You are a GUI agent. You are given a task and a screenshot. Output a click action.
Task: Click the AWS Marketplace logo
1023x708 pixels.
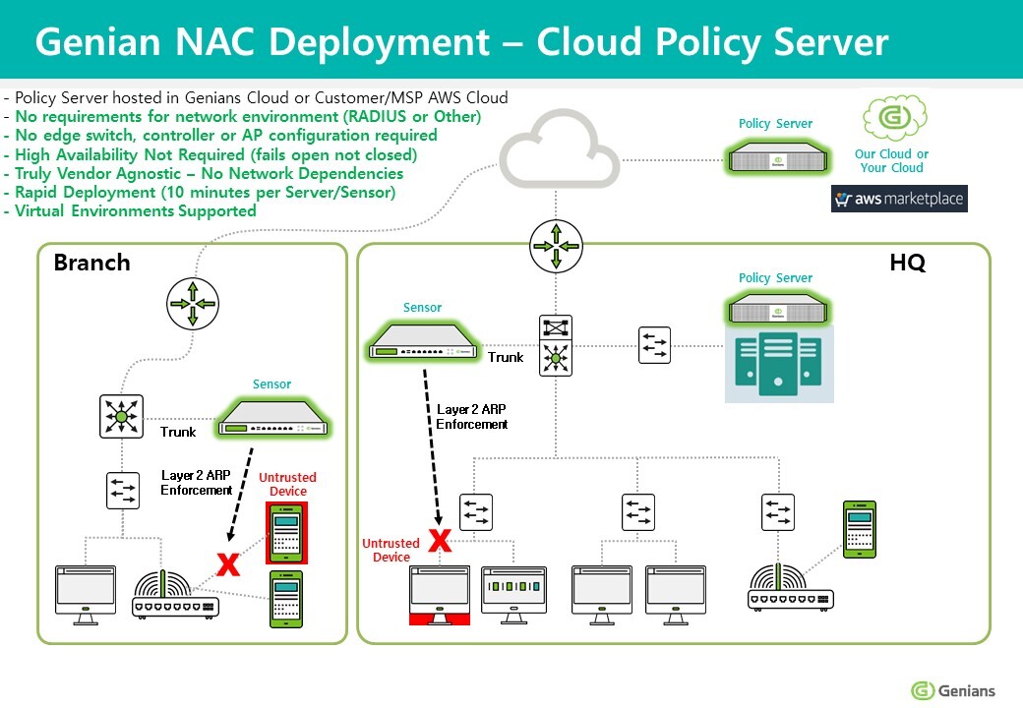point(899,199)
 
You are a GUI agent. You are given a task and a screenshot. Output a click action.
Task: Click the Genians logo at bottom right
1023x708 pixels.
point(953,690)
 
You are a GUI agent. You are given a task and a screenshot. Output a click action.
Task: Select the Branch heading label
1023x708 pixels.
point(91,263)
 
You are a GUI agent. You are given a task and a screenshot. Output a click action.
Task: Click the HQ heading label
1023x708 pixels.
point(906,263)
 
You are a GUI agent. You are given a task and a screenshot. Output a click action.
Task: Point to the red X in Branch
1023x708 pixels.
point(228,563)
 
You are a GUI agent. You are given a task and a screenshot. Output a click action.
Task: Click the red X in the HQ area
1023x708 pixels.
point(440,540)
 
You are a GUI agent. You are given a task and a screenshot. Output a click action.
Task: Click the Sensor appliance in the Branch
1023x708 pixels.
point(274,417)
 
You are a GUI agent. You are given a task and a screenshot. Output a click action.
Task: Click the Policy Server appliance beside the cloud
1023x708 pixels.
point(775,155)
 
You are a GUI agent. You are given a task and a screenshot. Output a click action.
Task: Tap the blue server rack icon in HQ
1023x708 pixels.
point(779,364)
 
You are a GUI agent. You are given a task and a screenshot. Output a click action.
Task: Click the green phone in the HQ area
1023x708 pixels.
point(859,528)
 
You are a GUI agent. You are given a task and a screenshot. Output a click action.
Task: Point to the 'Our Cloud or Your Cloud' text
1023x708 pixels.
point(891,160)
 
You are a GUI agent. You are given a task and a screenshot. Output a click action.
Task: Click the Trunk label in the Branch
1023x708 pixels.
point(178,432)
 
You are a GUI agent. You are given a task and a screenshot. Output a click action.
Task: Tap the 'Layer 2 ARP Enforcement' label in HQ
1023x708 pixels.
point(472,416)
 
